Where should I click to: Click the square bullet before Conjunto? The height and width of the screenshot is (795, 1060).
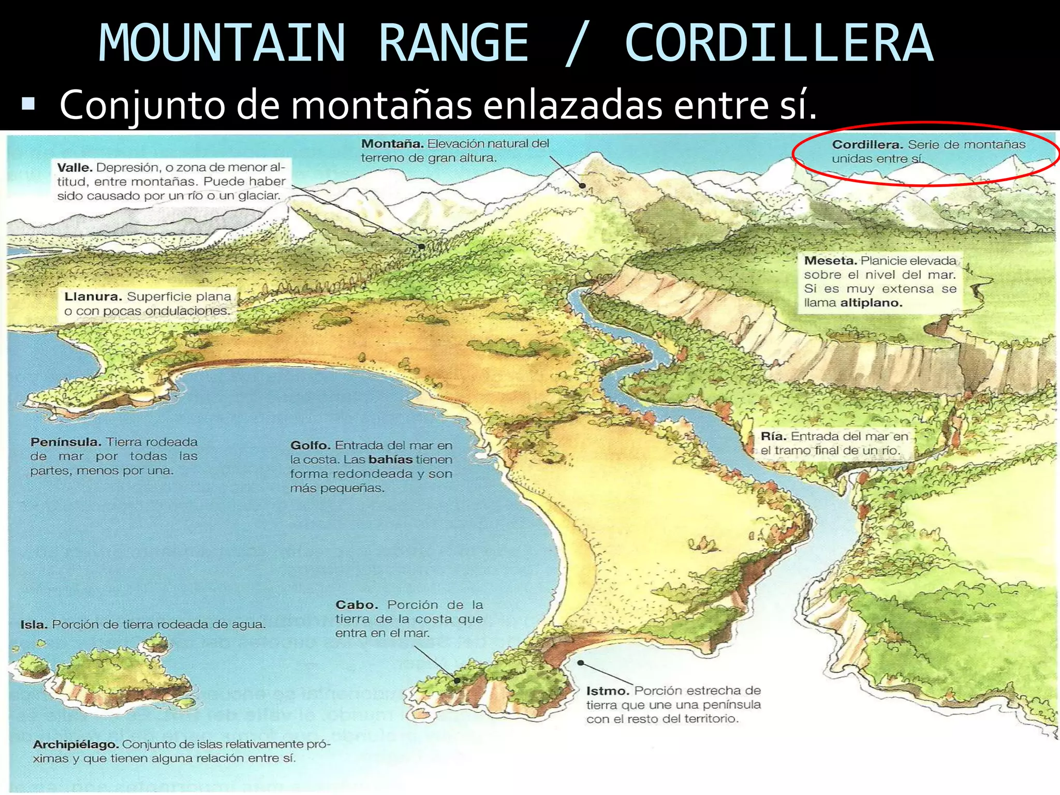(x=28, y=105)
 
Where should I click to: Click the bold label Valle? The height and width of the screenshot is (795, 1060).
(x=75, y=168)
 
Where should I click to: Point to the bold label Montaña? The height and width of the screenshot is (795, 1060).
(x=392, y=143)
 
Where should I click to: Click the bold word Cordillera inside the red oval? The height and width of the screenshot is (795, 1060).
(x=867, y=145)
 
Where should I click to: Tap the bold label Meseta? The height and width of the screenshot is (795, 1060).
(x=830, y=260)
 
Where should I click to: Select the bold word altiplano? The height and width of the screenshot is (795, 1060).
(x=871, y=303)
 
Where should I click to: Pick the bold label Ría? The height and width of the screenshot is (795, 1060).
(x=773, y=436)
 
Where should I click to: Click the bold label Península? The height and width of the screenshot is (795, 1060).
(x=66, y=442)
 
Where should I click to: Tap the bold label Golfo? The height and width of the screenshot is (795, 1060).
(x=310, y=445)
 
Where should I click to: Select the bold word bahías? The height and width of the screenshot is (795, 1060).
(x=390, y=460)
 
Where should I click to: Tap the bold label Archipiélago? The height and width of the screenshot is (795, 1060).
(x=76, y=744)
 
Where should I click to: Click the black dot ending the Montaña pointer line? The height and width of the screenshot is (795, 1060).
(x=583, y=185)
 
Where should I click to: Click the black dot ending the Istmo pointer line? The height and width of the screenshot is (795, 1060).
(x=581, y=662)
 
